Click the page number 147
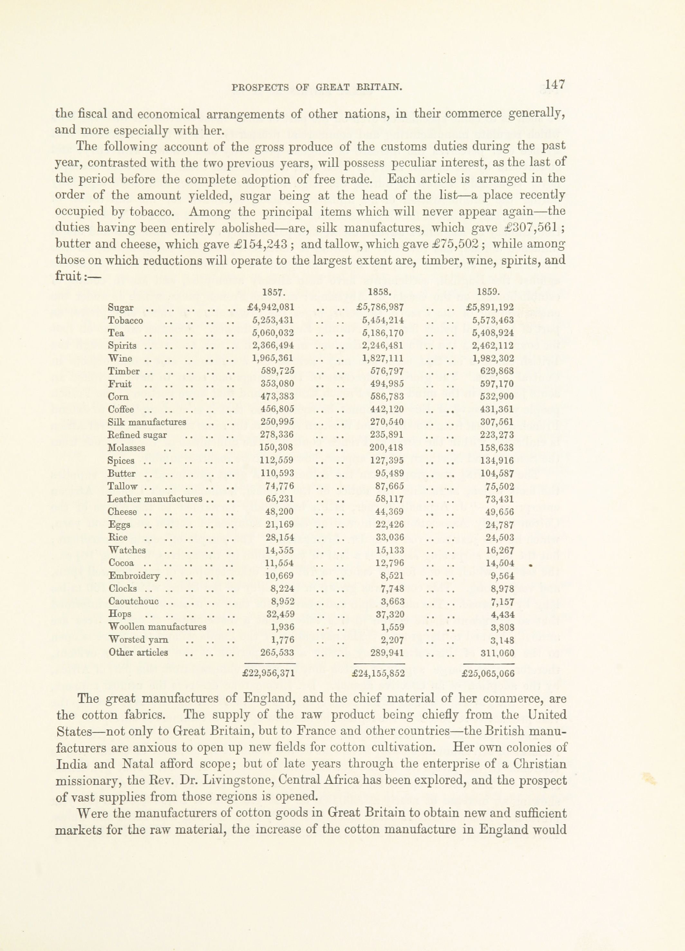(x=555, y=85)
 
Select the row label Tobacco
(x=126, y=321)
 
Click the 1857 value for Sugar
(x=271, y=307)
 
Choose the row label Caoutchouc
(x=133, y=601)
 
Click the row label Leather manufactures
(x=155, y=499)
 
